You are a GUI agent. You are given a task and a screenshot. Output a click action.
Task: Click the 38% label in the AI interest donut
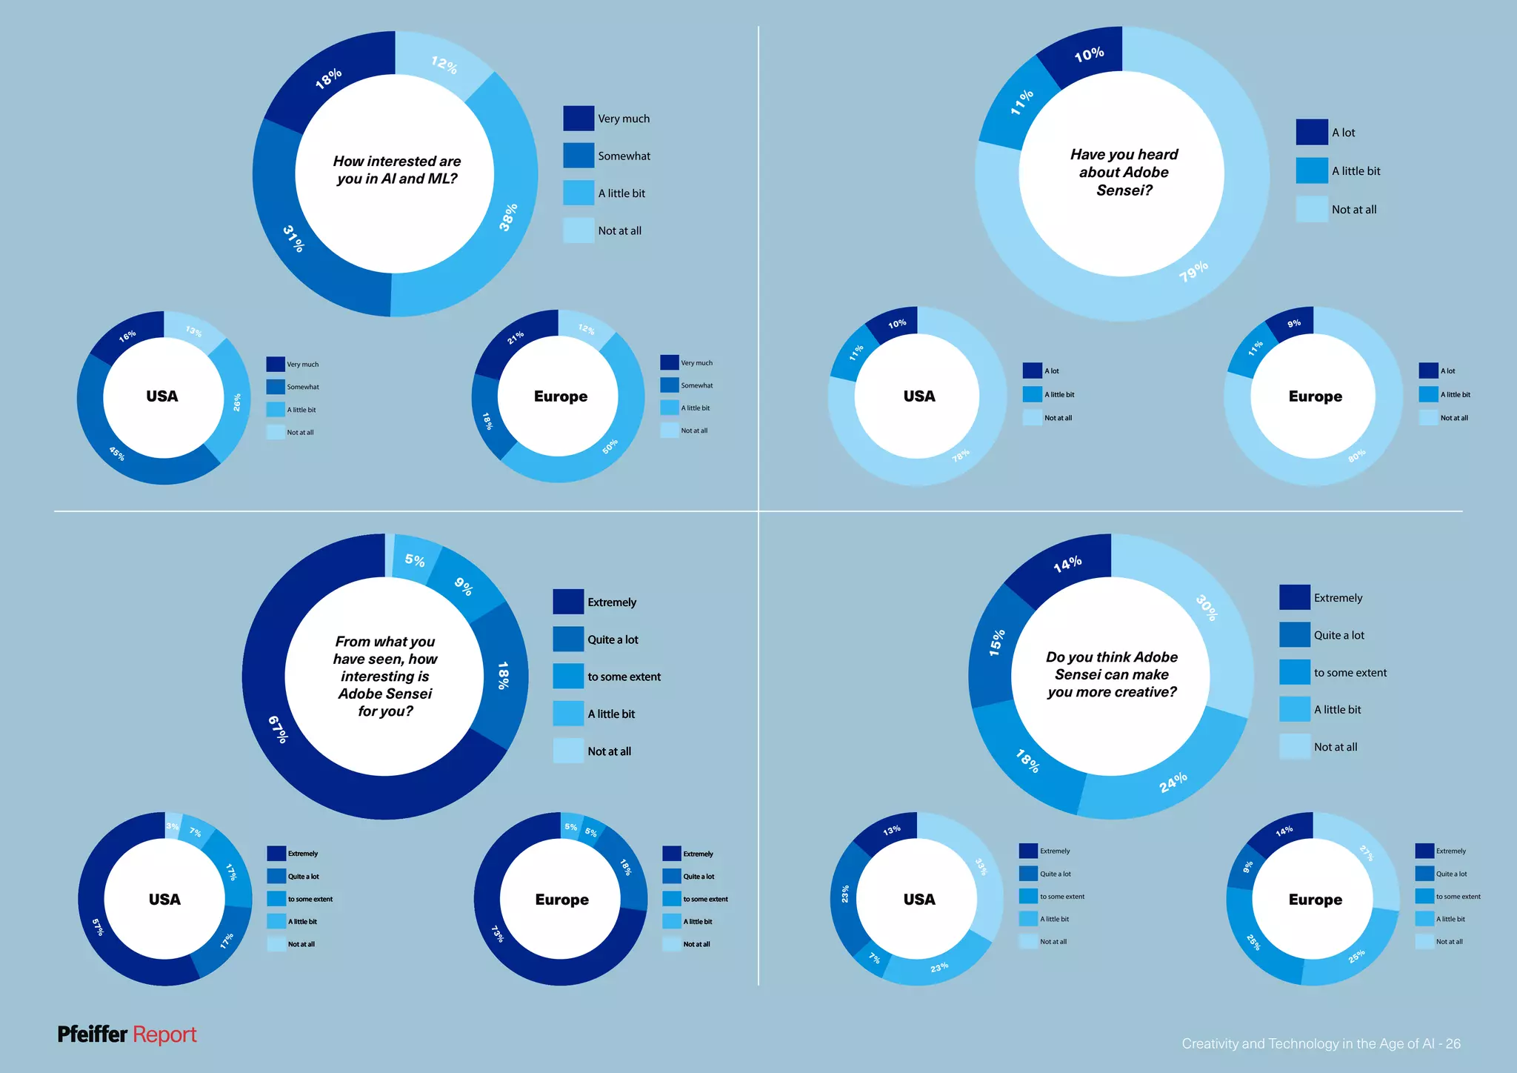[x=508, y=217]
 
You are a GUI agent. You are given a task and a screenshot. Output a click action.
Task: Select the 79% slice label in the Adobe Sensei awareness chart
[x=1193, y=271]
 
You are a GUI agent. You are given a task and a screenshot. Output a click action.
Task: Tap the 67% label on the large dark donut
[x=278, y=729]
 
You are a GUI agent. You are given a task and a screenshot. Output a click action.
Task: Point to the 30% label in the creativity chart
[x=1207, y=608]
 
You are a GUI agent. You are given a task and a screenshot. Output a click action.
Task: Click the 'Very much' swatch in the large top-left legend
[x=579, y=119]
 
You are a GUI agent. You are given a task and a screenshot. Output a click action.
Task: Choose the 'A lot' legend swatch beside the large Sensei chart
[x=1311, y=133]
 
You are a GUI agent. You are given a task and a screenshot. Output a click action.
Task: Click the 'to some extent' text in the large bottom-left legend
[x=624, y=677]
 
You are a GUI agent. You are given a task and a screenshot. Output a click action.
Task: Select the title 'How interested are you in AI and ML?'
[x=396, y=170]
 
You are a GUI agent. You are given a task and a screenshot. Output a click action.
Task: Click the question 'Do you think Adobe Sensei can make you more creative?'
[x=1111, y=674]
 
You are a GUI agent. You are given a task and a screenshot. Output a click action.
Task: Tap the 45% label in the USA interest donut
[x=117, y=454]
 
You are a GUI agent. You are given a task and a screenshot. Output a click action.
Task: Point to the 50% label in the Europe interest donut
[x=610, y=446]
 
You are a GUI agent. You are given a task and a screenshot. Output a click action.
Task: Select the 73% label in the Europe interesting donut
[x=498, y=933]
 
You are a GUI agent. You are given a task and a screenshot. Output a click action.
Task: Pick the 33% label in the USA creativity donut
[x=981, y=866]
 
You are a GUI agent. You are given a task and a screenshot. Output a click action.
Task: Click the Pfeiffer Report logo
[x=127, y=1034]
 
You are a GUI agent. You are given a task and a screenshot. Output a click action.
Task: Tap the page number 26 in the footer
[x=1453, y=1043]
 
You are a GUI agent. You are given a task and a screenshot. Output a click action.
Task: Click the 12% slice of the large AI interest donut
[x=444, y=64]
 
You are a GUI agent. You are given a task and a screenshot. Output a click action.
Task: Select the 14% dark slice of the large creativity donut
[x=1067, y=564]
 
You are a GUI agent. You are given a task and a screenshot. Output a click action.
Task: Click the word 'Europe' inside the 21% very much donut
[x=561, y=396]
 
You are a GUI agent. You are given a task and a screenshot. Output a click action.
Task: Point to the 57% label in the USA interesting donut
[x=98, y=926]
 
